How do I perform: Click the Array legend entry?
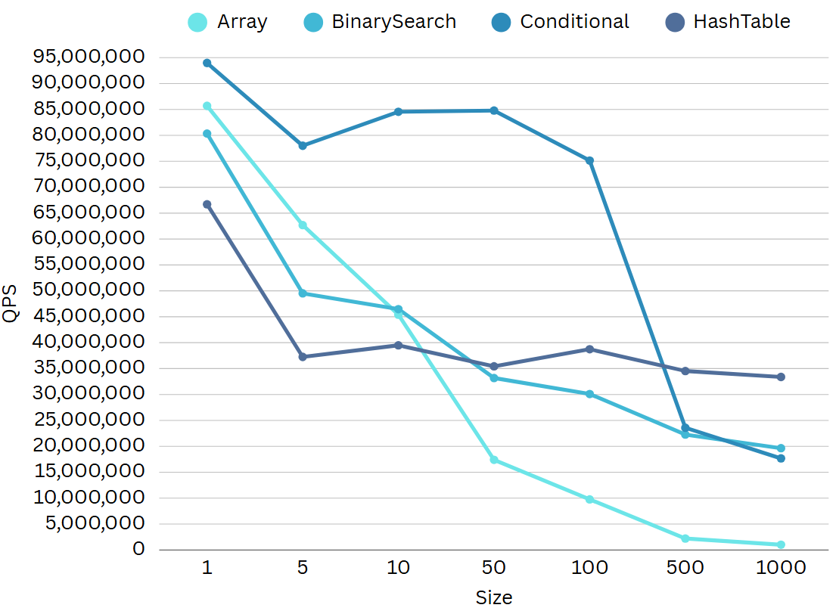228,22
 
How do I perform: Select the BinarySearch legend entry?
380,22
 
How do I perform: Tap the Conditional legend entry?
560,22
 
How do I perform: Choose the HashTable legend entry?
727,22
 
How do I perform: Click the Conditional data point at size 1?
207,63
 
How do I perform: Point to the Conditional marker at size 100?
589,160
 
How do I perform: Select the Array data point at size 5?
303,225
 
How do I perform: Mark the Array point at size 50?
494,460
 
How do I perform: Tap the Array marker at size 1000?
781,544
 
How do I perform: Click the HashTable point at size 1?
207,204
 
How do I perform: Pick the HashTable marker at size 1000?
781,377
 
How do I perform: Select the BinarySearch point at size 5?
303,293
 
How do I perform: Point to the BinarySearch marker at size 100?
589,394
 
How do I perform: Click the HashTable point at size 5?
303,356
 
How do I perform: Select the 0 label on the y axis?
138,549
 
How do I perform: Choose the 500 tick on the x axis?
685,568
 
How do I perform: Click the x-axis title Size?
494,597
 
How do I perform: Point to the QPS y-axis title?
11,303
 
